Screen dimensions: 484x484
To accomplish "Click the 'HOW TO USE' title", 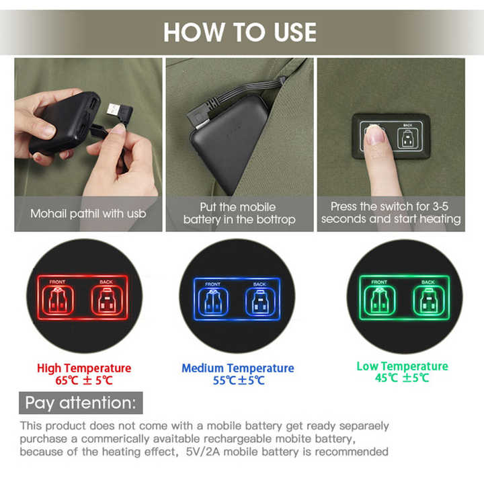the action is [240, 32].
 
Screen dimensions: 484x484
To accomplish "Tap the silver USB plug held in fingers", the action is [114, 110].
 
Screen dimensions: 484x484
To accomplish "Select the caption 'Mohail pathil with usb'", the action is [88, 214].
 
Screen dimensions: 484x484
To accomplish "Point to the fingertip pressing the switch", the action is [374, 134].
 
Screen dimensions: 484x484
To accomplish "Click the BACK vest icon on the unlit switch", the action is [407, 138].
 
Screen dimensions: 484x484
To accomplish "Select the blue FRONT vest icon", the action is [212, 302].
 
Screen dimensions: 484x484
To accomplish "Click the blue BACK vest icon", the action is [261, 302].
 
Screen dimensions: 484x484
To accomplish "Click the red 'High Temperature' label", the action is [84, 368].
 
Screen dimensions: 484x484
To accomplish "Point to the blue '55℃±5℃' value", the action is [239, 380].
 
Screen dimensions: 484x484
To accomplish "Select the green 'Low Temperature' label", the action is [402, 366].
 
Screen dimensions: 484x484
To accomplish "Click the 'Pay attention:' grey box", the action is [81, 403].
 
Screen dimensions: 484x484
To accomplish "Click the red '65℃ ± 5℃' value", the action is [84, 380].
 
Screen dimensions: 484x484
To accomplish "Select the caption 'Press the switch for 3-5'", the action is [389, 206].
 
